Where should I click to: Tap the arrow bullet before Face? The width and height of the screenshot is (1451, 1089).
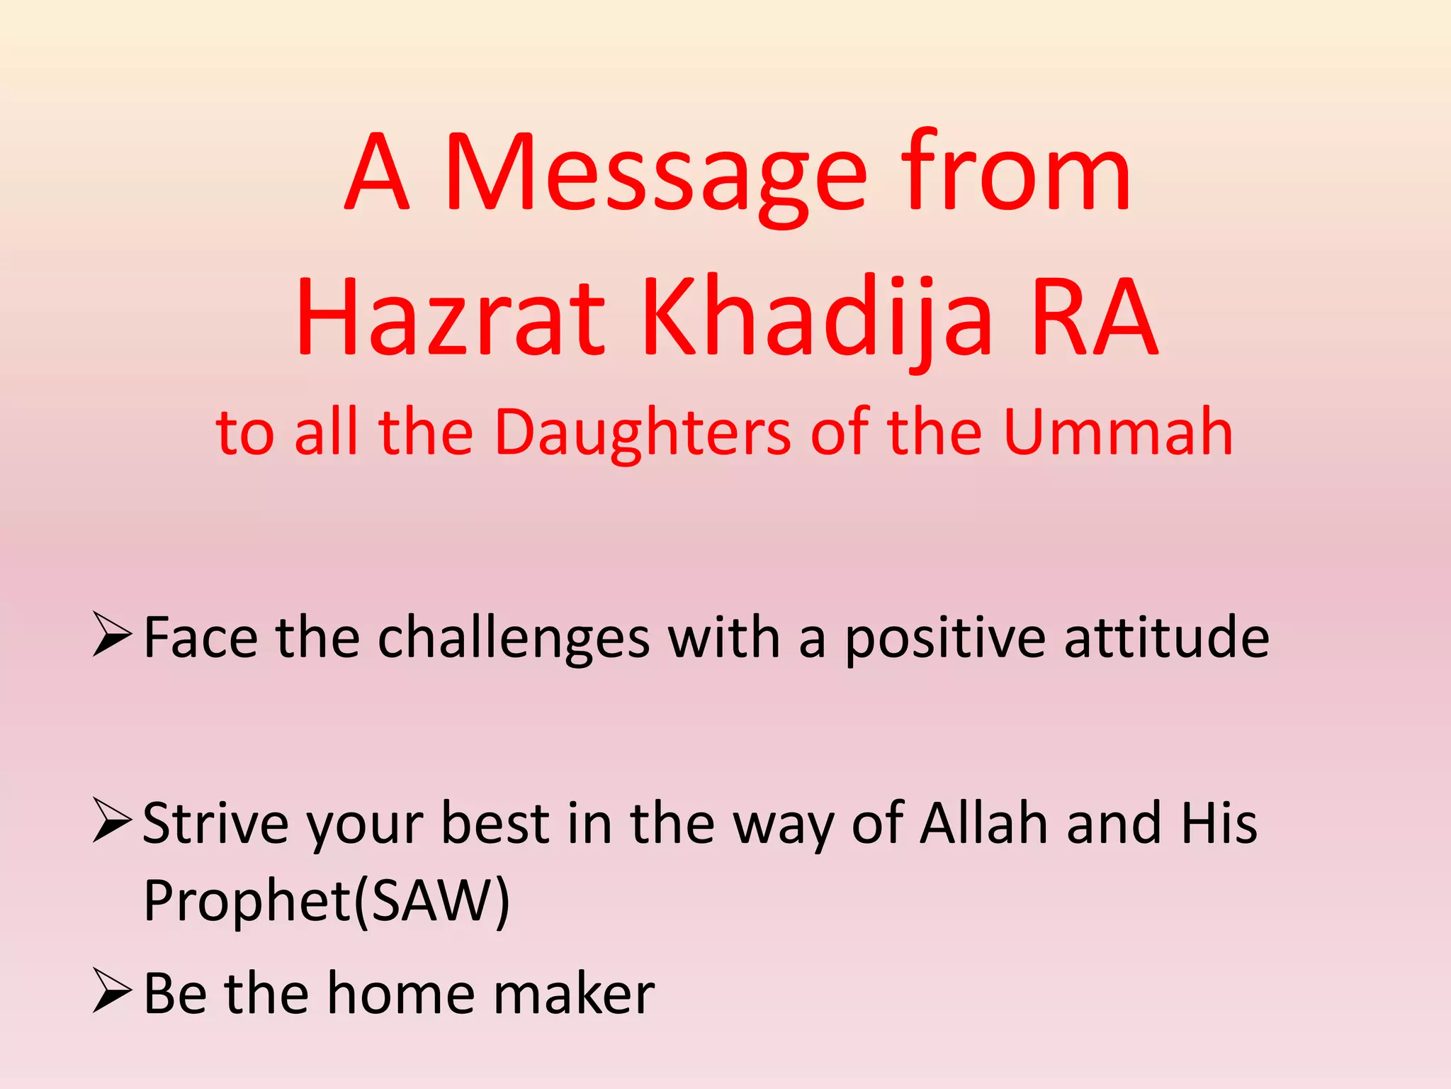pos(112,636)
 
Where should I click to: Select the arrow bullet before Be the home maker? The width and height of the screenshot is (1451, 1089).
pos(112,992)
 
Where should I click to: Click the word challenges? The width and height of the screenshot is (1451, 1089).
pos(514,638)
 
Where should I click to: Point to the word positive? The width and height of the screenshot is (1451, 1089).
pos(945,638)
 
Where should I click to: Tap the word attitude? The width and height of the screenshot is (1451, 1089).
pos(1167,638)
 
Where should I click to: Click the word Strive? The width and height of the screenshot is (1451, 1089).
pos(215,824)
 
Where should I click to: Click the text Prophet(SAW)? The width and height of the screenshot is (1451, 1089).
pos(326,900)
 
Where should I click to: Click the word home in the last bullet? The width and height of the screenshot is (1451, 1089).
pos(400,994)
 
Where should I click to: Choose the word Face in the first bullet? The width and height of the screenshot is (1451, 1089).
pos(201,638)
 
